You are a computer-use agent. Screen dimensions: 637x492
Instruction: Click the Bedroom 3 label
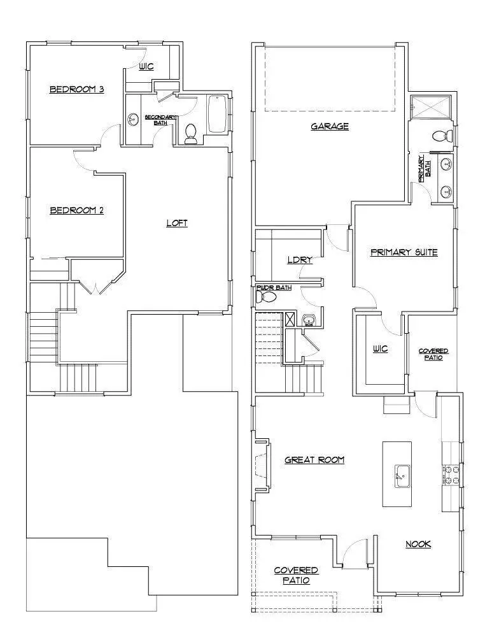[x=76, y=90]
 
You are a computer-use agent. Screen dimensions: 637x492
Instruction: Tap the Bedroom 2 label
[x=76, y=210]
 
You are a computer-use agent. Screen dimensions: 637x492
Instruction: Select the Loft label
[x=177, y=223]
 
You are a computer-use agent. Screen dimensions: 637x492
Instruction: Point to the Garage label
[x=330, y=126]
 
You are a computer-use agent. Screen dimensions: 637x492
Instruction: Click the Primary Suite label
[x=404, y=252]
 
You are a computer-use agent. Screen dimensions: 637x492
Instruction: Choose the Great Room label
[x=314, y=459]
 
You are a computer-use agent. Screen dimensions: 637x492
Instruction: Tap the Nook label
[x=418, y=544]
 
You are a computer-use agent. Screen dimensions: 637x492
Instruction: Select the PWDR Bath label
[x=274, y=288]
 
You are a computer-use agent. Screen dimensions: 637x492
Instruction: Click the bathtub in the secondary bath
[x=217, y=114]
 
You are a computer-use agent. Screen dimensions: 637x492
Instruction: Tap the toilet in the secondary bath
[x=190, y=133]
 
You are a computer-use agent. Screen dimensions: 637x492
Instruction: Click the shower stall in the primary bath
[x=432, y=107]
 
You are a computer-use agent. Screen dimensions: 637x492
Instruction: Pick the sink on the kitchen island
[x=402, y=475]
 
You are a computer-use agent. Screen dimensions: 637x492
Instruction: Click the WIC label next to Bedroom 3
[x=147, y=66]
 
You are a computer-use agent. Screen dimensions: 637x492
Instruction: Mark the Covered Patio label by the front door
[x=296, y=575]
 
